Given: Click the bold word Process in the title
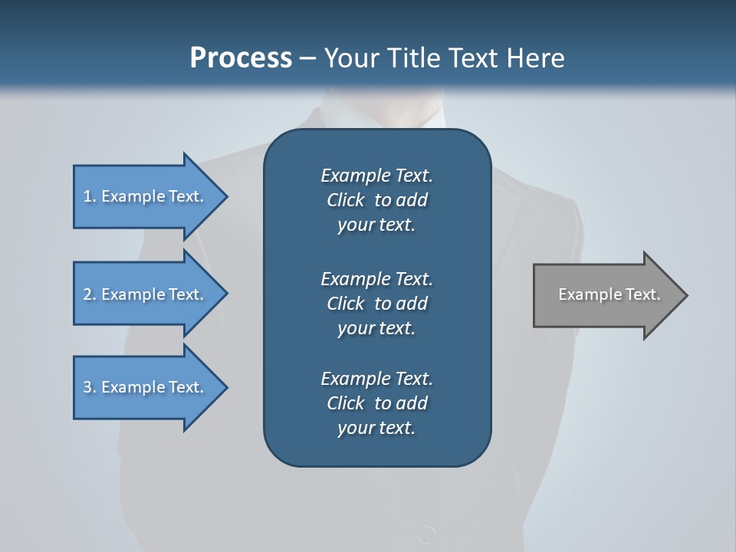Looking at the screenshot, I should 241,58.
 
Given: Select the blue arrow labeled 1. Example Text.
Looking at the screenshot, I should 146,196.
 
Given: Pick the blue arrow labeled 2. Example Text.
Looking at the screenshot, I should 146,294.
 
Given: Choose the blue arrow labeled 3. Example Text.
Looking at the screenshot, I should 146,387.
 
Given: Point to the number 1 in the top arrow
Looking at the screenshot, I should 87,196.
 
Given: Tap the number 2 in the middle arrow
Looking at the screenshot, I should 87,294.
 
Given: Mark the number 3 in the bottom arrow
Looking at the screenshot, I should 87,387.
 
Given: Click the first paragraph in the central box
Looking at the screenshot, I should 376,200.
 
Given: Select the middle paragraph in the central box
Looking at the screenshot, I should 376,303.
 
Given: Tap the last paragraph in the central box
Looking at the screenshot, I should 376,403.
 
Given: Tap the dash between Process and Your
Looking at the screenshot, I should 307,58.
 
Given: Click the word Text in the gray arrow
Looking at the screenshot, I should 642,294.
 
